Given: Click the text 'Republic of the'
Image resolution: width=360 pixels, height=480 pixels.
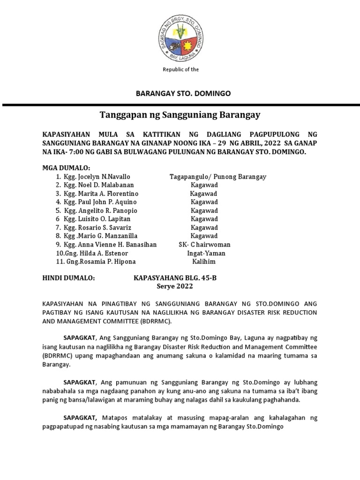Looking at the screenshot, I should click(x=180, y=70).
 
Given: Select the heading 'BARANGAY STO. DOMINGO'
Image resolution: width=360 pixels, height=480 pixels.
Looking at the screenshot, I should click(x=183, y=94).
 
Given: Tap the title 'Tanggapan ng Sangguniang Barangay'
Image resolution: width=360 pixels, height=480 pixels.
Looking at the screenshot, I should click(x=180, y=115).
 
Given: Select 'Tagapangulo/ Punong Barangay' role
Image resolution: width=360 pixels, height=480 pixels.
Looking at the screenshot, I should click(x=217, y=177).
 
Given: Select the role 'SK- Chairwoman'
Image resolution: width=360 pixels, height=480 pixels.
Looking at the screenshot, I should click(x=204, y=245).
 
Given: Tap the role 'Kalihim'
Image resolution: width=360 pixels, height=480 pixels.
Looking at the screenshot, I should click(x=204, y=262).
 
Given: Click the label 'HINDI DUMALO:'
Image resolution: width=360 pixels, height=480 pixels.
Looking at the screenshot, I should click(x=68, y=278).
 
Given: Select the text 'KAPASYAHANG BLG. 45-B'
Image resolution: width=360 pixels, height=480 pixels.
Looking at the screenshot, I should click(x=175, y=278).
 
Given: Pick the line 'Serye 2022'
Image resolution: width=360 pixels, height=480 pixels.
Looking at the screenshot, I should click(x=174, y=286).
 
